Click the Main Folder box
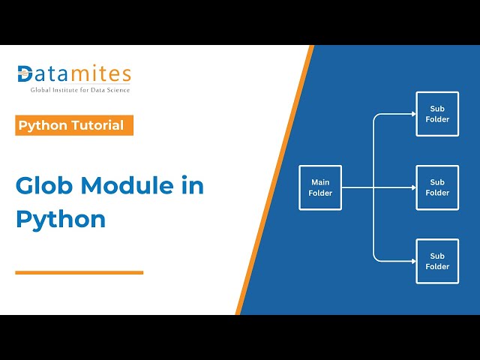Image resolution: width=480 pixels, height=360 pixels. (320, 187)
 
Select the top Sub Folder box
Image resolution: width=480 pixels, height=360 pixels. (437, 114)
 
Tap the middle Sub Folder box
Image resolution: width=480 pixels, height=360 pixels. (437, 187)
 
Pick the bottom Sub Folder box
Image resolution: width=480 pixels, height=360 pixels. (437, 261)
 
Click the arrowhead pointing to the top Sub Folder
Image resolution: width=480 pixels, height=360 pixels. (413, 114)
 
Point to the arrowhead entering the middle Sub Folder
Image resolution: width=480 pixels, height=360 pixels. (413, 187)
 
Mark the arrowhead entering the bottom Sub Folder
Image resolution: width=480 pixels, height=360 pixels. (413, 261)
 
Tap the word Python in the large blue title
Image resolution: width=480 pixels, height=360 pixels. (61, 219)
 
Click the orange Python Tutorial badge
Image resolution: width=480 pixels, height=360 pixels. (74, 125)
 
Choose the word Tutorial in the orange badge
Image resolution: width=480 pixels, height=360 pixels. (97, 125)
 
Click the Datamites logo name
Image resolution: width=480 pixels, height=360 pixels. (74, 74)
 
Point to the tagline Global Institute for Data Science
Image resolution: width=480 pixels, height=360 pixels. (80, 90)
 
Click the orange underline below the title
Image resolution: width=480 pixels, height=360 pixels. (79, 272)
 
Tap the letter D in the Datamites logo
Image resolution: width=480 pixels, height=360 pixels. (25, 74)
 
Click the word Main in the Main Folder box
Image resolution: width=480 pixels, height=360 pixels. (320, 182)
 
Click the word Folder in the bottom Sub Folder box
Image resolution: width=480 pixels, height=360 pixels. (437, 266)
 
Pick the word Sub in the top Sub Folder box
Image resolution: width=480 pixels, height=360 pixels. (437, 109)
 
